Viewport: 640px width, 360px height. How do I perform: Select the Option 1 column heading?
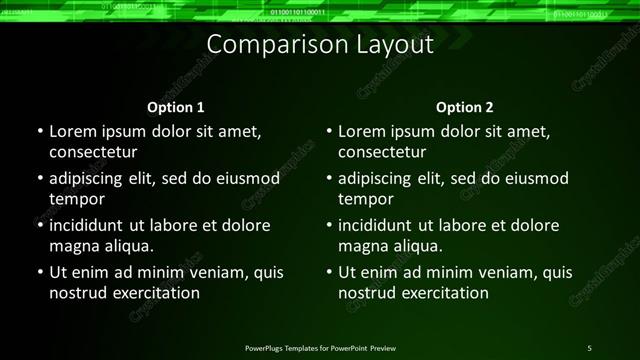[x=176, y=106]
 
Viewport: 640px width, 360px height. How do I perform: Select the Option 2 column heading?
[x=465, y=106]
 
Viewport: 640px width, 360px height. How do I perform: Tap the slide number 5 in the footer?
[x=589, y=347]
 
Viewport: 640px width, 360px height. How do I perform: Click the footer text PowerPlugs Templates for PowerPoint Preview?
[x=320, y=347]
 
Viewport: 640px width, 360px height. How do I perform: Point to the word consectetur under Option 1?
[x=92, y=153]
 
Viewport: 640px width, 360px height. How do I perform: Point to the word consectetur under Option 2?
[x=382, y=153]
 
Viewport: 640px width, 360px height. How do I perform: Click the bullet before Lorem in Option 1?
[x=38, y=132]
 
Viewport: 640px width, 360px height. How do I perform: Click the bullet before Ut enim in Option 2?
[x=328, y=272]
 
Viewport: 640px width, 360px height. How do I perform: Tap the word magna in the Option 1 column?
[x=72, y=246]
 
